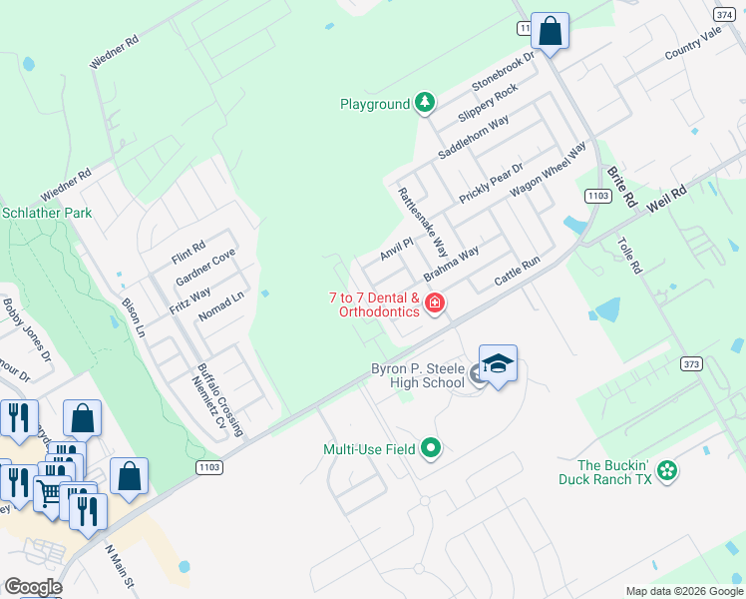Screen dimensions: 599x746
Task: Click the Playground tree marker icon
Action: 426,102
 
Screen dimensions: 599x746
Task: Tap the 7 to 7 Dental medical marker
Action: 434,302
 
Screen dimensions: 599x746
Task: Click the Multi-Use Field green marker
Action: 431,449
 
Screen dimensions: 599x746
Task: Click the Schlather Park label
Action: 47,213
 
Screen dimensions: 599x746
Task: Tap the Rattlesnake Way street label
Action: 423,222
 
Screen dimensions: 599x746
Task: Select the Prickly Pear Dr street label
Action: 491,184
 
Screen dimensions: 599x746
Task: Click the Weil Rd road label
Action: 667,196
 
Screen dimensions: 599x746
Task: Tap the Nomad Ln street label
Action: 220,300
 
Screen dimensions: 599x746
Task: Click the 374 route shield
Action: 724,14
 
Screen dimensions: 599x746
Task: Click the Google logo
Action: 32,587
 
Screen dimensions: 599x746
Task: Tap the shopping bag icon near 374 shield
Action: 550,32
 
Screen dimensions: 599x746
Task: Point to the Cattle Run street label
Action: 517,274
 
